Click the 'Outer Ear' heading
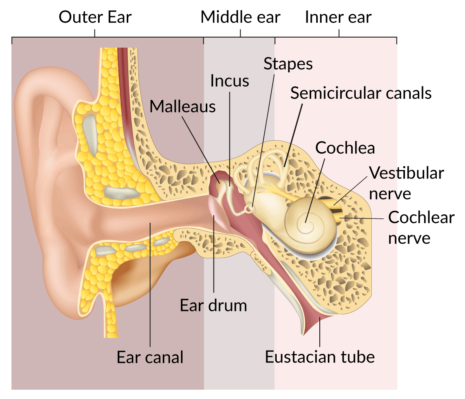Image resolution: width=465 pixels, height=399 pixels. click(x=95, y=17)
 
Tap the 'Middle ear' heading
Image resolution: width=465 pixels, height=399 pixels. click(x=240, y=17)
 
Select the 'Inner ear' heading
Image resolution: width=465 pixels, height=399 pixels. click(x=338, y=17)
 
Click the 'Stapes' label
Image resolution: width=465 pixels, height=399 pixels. click(x=288, y=64)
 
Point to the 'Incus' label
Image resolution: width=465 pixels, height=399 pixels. click(x=230, y=81)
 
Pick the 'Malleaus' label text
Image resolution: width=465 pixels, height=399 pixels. click(x=183, y=106)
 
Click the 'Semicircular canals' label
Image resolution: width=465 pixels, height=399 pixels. click(x=361, y=93)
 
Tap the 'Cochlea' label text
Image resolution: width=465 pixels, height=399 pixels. click(x=345, y=148)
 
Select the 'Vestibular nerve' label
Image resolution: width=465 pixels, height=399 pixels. click(x=406, y=183)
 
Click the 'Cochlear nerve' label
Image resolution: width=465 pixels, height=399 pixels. click(x=421, y=227)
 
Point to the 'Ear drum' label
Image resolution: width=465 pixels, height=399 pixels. click(x=213, y=305)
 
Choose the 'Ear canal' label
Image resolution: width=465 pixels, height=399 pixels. click(x=150, y=357)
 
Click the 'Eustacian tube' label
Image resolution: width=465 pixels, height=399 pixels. click(x=320, y=357)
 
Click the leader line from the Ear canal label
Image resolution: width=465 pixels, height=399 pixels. click(x=150, y=285)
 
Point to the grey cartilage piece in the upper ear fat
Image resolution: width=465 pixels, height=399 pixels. click(x=90, y=135)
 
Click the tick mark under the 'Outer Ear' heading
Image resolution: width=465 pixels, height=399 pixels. click(x=95, y=33)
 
